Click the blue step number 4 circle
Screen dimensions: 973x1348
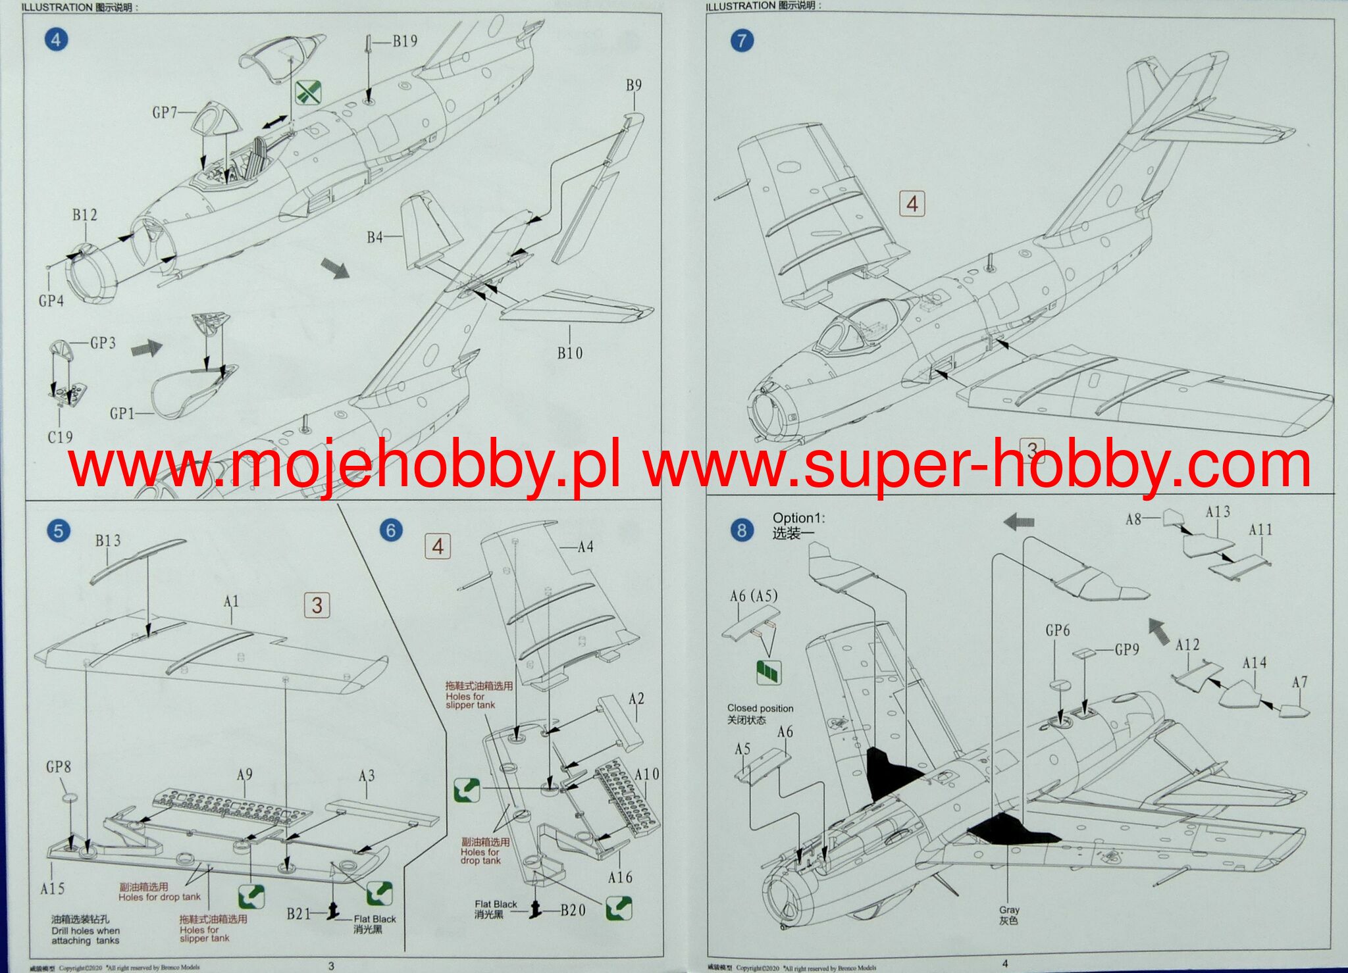(56, 40)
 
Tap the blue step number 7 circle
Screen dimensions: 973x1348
(742, 41)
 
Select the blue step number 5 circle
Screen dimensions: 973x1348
(59, 531)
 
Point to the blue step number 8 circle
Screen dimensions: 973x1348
(742, 530)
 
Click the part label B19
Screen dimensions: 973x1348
(405, 41)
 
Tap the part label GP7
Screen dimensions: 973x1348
(165, 112)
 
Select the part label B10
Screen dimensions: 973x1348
(569, 353)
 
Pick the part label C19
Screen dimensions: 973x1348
(60, 437)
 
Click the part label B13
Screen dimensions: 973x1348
(108, 541)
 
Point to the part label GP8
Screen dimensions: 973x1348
(59, 766)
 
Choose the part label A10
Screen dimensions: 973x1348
(646, 774)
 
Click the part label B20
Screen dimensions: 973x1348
(573, 911)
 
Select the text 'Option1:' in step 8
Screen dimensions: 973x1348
(798, 518)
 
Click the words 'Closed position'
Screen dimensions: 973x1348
(760, 709)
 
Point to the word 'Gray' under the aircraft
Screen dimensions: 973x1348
(1009, 910)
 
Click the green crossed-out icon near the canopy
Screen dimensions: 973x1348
(308, 92)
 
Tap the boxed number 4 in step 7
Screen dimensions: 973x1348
(912, 204)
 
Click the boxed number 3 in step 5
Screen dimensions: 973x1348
(317, 605)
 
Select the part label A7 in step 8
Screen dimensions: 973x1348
(1299, 682)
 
